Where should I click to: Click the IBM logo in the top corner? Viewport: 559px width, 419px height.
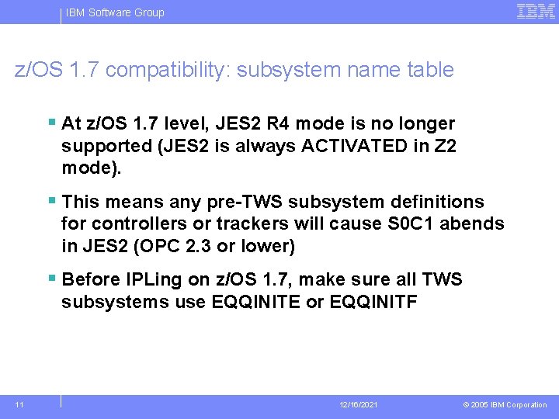[x=536, y=11]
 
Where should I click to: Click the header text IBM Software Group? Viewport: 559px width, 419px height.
[x=115, y=12]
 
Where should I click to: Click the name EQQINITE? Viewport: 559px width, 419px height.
[x=255, y=302]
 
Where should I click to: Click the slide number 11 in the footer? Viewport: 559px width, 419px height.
[x=19, y=405]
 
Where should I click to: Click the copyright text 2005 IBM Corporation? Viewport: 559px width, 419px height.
[x=509, y=405]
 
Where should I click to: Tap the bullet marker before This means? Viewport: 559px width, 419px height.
[x=51, y=201]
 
